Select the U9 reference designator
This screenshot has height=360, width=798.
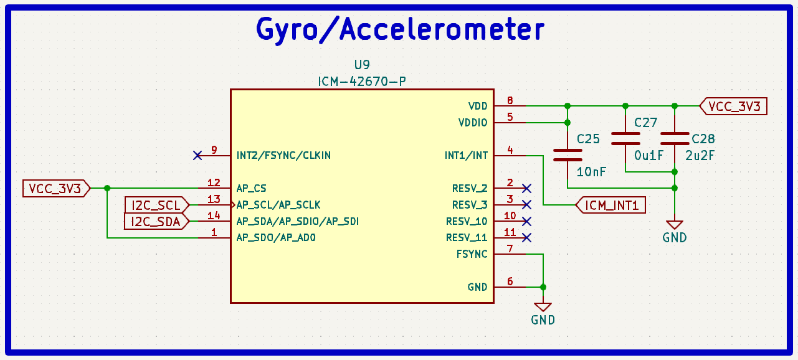[x=362, y=65]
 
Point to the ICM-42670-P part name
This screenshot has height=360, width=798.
[x=362, y=82]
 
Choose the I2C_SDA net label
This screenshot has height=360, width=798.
[x=156, y=222]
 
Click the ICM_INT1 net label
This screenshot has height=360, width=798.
[x=610, y=205]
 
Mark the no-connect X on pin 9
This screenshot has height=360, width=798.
[x=197, y=156]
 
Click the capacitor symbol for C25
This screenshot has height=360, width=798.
[x=568, y=155]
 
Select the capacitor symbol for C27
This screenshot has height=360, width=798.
[x=625, y=139]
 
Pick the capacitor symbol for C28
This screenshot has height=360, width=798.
[x=675, y=139]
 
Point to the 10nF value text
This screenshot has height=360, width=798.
[x=591, y=173]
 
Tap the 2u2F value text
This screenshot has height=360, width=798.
[x=700, y=156]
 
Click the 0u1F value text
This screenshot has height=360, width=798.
[x=648, y=156]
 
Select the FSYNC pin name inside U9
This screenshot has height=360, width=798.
[x=472, y=254]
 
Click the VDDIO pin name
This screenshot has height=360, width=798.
[x=473, y=123]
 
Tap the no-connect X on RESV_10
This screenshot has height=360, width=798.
[x=526, y=222]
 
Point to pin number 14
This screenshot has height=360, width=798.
[x=214, y=216]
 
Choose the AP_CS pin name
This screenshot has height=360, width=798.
[x=252, y=188]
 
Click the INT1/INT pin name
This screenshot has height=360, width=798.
[x=466, y=156]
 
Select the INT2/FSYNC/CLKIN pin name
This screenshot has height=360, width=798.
[x=283, y=156]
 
